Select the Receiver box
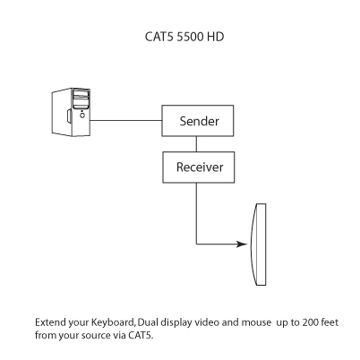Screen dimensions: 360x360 click(195, 167)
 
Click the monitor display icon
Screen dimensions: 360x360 click(260, 244)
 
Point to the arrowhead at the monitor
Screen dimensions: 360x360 click(244, 243)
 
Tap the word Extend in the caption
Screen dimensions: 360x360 click(49, 321)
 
